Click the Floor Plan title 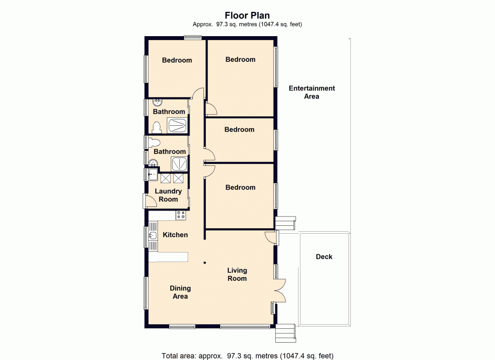247,15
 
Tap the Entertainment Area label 312,92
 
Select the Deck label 324,257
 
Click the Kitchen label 175,234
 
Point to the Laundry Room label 168,195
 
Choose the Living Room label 237,274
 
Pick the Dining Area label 180,292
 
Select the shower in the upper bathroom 177,125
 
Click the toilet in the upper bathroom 157,128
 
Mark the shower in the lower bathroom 178,163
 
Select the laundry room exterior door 148,200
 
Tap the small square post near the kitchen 204,263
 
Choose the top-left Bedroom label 177,60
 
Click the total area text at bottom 247,356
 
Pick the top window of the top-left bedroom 193,38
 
